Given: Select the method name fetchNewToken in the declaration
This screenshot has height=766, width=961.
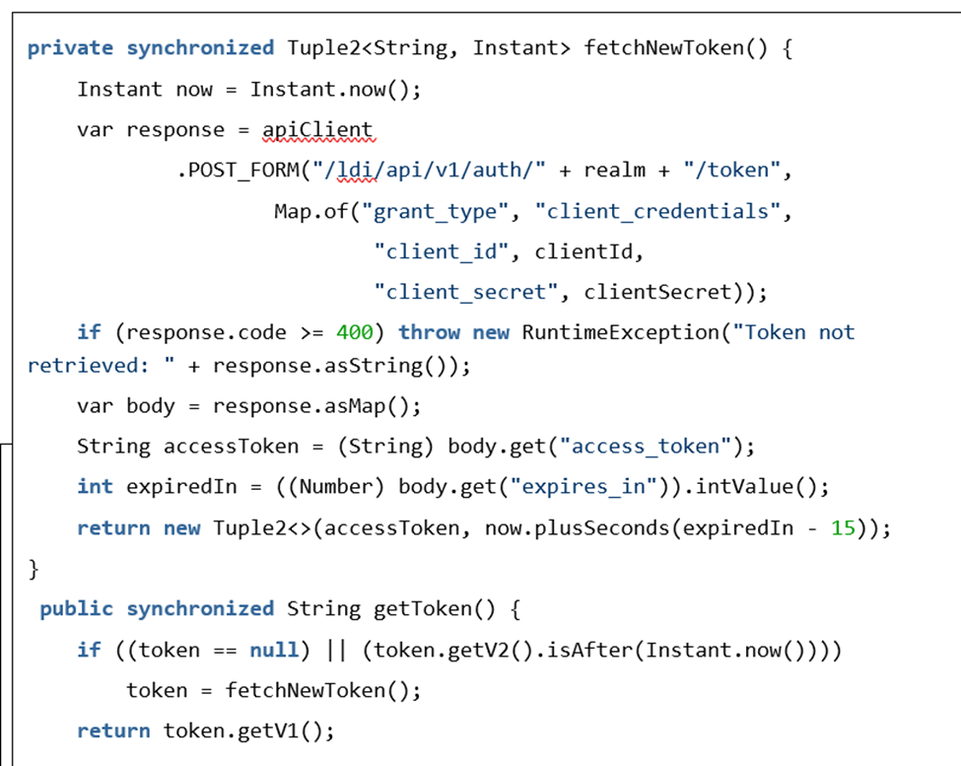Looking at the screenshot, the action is coord(663,47).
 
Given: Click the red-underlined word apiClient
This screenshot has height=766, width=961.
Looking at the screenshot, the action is coord(317,130).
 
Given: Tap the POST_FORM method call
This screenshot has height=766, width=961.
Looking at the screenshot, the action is coord(243,171).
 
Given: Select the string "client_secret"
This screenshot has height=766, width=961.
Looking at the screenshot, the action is coord(466,293).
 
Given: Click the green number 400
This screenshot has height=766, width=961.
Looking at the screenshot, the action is coord(354,333).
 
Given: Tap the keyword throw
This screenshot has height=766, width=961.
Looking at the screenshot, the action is coord(429,333).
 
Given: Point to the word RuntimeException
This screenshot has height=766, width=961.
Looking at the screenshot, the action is coord(620,333).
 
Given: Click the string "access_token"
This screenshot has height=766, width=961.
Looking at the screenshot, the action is coord(646,447).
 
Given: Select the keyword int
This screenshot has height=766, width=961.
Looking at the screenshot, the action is coord(95,487).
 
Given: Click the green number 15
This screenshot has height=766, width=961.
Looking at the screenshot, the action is coord(843,528).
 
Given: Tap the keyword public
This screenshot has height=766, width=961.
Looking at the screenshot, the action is coord(77,609).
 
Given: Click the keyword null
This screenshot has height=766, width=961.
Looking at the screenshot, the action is coord(273,651).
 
